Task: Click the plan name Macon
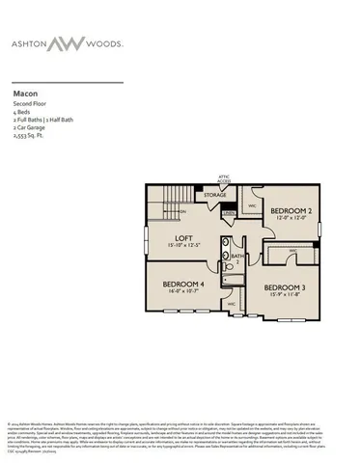click(25, 93)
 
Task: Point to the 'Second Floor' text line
click(31, 102)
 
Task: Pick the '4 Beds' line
click(21, 111)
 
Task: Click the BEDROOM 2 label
click(290, 209)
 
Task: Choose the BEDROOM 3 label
click(285, 287)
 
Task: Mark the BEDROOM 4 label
click(184, 284)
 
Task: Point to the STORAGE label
click(215, 196)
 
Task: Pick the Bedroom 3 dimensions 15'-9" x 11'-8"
click(285, 295)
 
